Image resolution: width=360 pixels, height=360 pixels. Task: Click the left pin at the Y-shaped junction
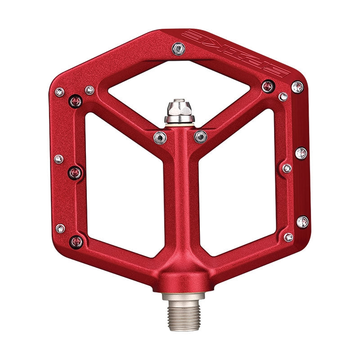click(160, 137)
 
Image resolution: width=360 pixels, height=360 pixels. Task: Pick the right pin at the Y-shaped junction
click(200, 136)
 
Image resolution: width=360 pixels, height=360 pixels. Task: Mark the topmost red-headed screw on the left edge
click(76, 101)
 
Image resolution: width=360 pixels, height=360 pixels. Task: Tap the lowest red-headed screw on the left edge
click(76, 242)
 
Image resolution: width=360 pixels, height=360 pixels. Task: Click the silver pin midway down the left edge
click(58, 159)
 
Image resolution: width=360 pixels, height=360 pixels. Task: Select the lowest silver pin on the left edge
click(60, 228)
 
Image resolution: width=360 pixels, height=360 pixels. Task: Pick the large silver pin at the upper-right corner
click(297, 87)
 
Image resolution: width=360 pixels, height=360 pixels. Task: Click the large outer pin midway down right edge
click(301, 153)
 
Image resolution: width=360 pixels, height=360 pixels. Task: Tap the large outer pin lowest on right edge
click(302, 221)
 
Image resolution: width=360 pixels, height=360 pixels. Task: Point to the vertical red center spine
click(180, 202)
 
